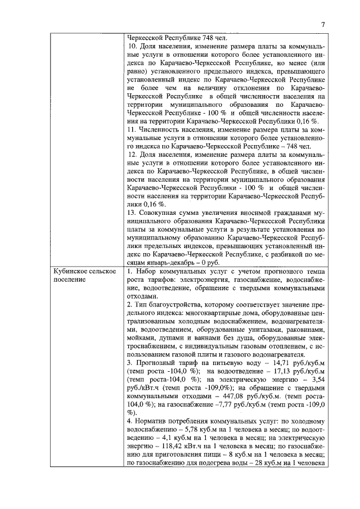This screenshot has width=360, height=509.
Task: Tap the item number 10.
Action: pyautogui.click(x=133, y=46)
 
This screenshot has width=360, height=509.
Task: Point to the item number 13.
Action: pyautogui.click(x=133, y=213)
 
